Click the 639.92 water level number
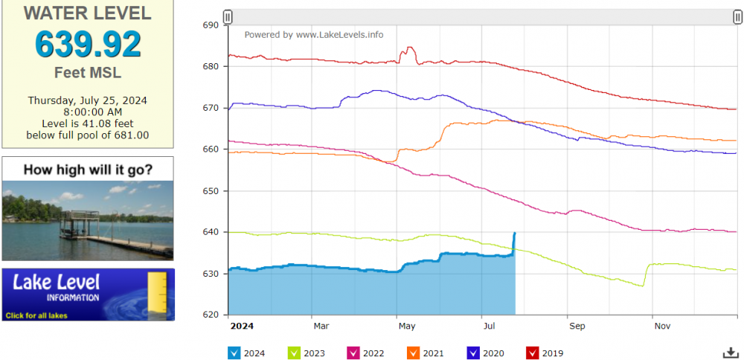(x=88, y=45)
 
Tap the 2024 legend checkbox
(x=234, y=353)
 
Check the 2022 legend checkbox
(x=353, y=353)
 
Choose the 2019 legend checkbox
(x=532, y=353)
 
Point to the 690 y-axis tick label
(x=211, y=25)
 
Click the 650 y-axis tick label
(x=211, y=191)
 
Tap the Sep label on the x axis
(x=577, y=326)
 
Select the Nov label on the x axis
(x=662, y=326)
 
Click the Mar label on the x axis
(x=321, y=326)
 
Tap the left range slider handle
(x=228, y=16)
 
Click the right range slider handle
(x=737, y=16)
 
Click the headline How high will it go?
(x=88, y=170)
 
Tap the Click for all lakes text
(x=36, y=315)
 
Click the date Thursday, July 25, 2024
(x=88, y=100)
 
